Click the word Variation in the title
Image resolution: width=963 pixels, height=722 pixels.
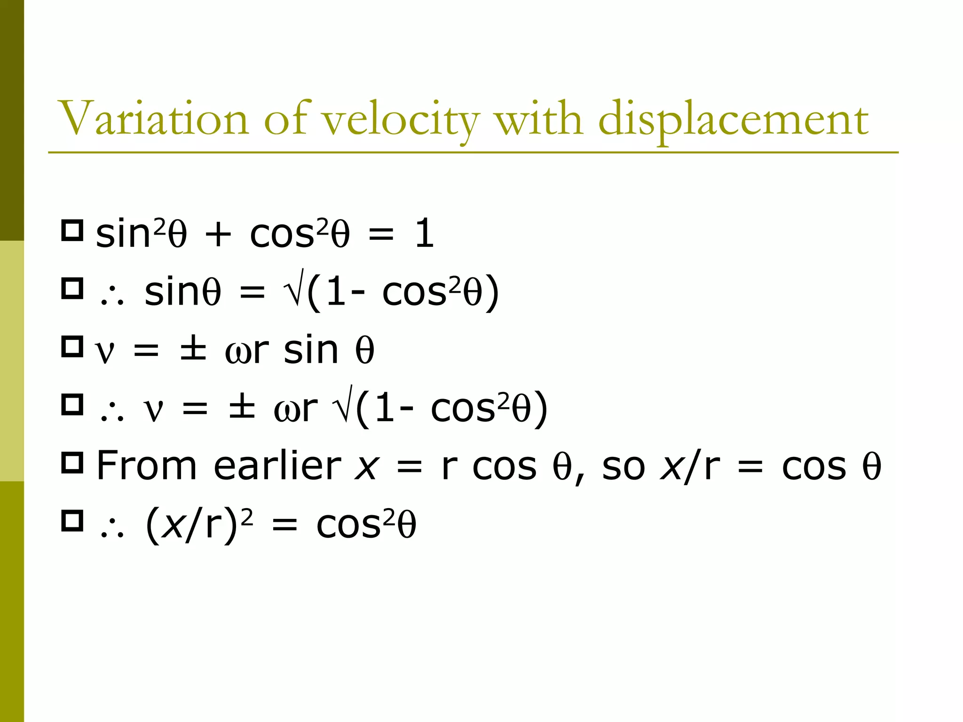point(153,118)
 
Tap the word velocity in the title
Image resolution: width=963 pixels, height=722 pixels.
point(400,120)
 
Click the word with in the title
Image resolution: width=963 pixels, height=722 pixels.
point(539,118)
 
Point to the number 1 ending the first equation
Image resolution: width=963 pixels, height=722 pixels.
point(424,234)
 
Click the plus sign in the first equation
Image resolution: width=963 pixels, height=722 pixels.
point(218,235)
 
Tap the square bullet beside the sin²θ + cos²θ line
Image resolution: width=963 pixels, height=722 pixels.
point(72,231)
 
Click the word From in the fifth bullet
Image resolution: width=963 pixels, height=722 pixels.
point(146,466)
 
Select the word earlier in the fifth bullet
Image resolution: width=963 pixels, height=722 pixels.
point(277,466)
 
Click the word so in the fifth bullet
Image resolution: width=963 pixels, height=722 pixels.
point(624,468)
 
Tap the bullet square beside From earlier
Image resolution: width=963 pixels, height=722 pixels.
point(72,463)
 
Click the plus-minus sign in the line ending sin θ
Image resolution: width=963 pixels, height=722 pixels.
point(193,351)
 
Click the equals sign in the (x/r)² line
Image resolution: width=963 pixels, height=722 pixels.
point(285,526)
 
